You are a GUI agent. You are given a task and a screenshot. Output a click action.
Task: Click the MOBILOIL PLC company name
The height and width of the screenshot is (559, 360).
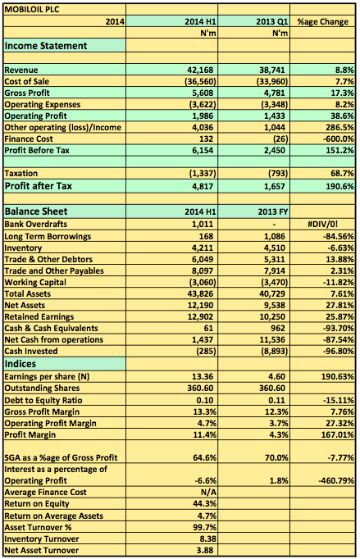coord(32,10)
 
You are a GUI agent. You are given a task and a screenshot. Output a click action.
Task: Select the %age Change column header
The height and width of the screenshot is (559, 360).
coord(323,22)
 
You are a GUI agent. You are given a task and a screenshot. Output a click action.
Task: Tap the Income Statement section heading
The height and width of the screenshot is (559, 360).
coord(46,46)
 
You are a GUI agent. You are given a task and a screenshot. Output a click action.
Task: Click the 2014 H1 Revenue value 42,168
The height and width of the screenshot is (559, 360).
coord(202,70)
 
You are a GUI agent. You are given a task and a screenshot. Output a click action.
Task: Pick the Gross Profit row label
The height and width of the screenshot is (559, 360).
coord(27,93)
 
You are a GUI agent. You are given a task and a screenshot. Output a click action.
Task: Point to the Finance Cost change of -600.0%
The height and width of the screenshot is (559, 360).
coord(338,139)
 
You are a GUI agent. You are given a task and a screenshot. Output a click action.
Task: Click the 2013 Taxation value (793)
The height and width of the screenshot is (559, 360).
coord(278,173)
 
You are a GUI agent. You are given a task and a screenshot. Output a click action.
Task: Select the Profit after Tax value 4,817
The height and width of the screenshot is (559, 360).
coord(203,186)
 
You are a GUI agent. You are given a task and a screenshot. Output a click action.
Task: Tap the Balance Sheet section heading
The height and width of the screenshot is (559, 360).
coord(36,211)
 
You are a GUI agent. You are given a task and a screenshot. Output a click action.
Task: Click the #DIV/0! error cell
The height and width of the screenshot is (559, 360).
coord(322,225)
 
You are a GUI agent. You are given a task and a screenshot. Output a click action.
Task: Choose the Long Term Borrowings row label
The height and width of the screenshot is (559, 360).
coord(48,236)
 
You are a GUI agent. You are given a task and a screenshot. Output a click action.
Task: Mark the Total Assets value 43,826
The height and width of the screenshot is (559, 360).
coord(201,293)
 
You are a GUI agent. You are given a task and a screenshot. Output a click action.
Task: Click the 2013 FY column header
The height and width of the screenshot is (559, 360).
coord(273,211)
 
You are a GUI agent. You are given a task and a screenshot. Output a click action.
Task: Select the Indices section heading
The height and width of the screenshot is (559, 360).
coord(21,364)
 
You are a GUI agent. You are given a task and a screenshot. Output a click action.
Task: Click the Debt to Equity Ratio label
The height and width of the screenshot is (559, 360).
coord(43,400)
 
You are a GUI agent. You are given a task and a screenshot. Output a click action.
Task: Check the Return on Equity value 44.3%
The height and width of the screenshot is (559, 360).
coord(204,504)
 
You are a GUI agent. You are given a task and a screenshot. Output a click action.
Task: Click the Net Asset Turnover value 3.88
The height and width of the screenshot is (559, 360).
coord(205,550)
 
